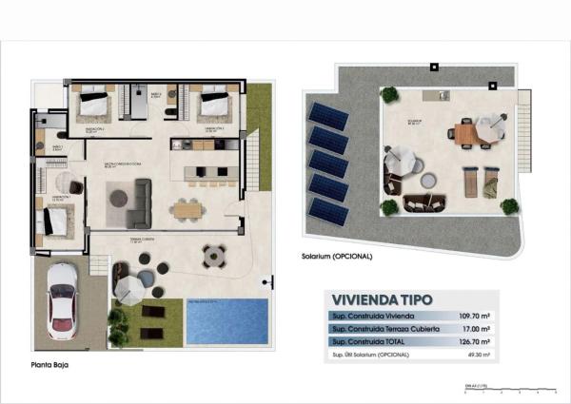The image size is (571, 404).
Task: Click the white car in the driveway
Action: coord(61,298)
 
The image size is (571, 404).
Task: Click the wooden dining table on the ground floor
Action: coord(187,208)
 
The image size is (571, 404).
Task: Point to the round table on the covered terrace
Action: coord(213,255)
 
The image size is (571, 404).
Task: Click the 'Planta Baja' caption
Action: coord(49,363)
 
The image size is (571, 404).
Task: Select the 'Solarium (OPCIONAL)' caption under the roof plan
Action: coord(337,257)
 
